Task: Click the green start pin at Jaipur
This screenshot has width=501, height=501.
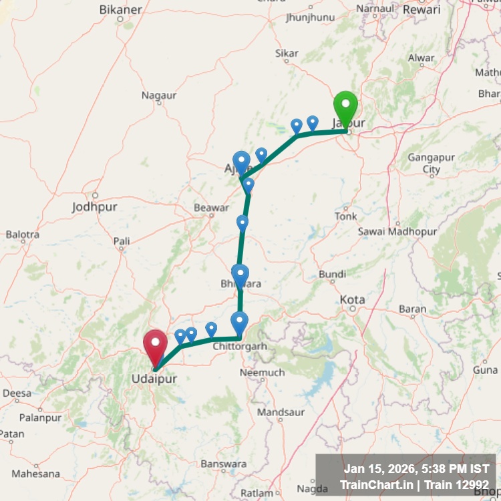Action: click(x=345, y=107)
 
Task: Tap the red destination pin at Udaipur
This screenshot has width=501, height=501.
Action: click(x=156, y=345)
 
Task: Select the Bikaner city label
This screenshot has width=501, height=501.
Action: click(x=120, y=9)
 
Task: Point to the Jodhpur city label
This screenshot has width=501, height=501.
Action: click(x=94, y=207)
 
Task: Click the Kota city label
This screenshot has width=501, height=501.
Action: click(x=352, y=299)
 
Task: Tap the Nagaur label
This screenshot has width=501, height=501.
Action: click(x=159, y=96)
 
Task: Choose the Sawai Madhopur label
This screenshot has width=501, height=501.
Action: click(x=397, y=231)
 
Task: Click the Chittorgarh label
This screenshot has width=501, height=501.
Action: click(x=239, y=347)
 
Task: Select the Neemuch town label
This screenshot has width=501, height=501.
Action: click(x=262, y=372)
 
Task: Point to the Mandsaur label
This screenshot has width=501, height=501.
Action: click(x=280, y=413)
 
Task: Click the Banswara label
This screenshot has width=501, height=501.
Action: click(x=224, y=464)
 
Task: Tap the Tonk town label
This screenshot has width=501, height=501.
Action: click(x=346, y=216)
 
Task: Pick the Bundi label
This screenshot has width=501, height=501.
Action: click(x=332, y=275)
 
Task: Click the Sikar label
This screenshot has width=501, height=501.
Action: click(x=287, y=53)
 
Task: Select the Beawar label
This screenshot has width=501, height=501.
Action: click(x=211, y=208)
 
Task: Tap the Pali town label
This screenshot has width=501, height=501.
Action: click(x=122, y=240)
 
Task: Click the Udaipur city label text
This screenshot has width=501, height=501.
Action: click(x=154, y=379)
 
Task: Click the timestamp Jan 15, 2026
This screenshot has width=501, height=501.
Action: click(x=387, y=470)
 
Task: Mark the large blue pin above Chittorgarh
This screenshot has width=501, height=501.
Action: click(x=239, y=321)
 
